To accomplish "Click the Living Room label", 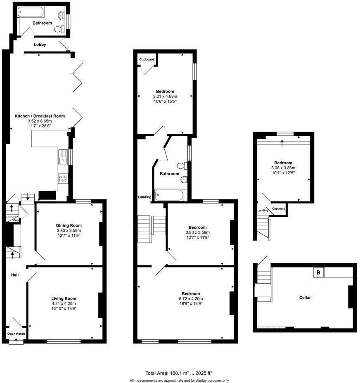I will (x=64, y=298).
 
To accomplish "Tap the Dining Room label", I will (x=69, y=225).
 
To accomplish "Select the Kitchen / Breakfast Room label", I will (x=40, y=116).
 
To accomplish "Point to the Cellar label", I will (x=305, y=298).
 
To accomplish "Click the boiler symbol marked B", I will (x=318, y=272).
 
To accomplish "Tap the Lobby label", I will (x=40, y=45).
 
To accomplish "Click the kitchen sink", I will (x=63, y=157).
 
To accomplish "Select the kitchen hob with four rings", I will (x=63, y=178).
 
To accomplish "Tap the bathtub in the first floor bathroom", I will (x=170, y=194).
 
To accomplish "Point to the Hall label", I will (x=14, y=275).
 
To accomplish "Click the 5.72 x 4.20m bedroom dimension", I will (x=191, y=298).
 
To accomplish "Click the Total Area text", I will (x=179, y=373).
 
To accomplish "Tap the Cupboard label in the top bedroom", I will (x=147, y=59).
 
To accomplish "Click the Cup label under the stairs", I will (x=15, y=220).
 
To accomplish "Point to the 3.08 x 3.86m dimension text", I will (x=283, y=168).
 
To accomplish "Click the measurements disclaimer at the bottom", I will (x=179, y=380).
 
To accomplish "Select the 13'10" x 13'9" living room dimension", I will (x=64, y=308).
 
